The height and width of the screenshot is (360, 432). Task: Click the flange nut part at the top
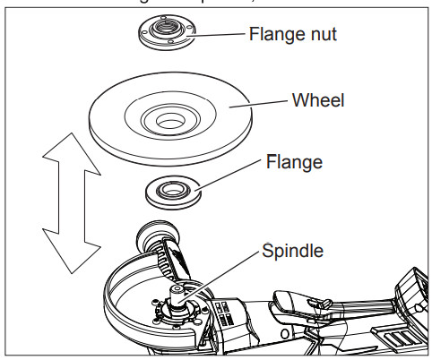(x=167, y=33)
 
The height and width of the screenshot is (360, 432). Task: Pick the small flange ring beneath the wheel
(x=171, y=192)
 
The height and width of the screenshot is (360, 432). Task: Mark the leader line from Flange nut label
(x=220, y=37)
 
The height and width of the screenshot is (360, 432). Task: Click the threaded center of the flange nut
(x=167, y=30)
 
